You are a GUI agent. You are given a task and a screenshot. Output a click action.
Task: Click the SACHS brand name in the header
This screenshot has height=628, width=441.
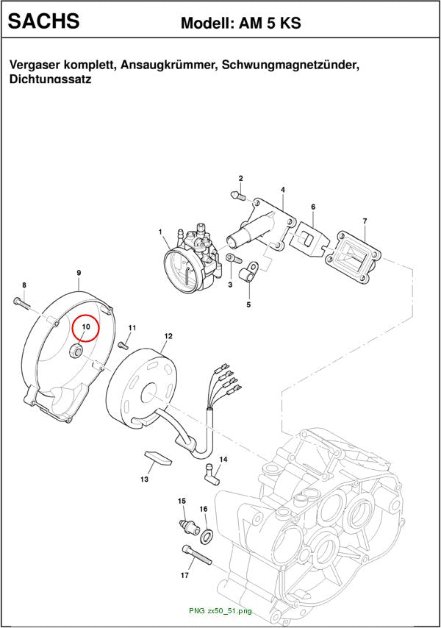click(x=43, y=21)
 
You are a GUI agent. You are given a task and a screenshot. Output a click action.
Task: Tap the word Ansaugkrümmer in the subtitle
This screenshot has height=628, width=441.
click(x=168, y=65)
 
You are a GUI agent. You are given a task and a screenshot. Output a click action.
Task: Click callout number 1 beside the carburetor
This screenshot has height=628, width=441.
click(x=160, y=232)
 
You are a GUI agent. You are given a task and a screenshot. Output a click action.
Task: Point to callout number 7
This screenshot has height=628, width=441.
click(x=365, y=221)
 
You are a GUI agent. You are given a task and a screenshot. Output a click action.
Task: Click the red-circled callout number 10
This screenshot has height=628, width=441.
click(x=85, y=327)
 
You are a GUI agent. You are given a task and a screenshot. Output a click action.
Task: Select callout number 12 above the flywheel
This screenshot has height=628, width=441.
click(x=168, y=335)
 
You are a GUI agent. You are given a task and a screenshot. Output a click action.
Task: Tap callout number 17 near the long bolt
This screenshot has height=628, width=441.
click(x=184, y=575)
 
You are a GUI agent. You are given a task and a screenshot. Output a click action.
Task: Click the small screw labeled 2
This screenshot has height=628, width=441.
click(x=237, y=196)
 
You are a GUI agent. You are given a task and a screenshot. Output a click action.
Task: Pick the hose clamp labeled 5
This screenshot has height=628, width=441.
click(x=248, y=271)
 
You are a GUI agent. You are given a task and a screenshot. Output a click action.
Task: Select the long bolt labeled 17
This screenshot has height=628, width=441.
click(x=197, y=554)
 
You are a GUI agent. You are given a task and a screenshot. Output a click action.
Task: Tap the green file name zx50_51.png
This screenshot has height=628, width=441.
click(x=230, y=611)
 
